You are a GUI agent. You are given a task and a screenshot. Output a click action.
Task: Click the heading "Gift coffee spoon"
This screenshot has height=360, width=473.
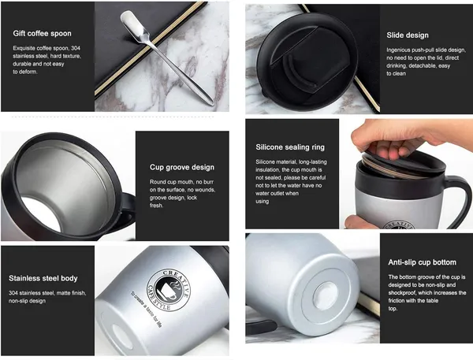coord(43,33)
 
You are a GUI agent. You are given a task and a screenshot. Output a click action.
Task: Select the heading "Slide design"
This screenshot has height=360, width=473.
coord(408,35)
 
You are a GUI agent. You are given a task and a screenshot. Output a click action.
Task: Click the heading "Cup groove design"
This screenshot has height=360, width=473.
coord(182,167)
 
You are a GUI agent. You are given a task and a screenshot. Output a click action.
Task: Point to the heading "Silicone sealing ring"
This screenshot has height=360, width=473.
coord(290,147)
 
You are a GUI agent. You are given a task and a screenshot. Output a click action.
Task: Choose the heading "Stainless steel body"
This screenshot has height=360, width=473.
coord(43,278)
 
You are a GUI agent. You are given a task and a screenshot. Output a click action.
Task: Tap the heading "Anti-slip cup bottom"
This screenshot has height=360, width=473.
coord(423,262)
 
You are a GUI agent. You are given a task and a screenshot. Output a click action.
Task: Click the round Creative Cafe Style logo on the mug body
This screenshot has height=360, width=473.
coord(169,291)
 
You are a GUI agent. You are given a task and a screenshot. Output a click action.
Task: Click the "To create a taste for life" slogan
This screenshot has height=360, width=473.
coord(147,310)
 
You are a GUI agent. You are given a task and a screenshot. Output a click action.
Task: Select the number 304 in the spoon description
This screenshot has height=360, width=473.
coord(76,48)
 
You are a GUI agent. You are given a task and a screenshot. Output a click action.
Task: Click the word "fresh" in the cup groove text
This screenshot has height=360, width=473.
coord(156,206)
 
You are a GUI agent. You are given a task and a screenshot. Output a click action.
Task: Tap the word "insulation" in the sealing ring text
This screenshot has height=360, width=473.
coord(267,169)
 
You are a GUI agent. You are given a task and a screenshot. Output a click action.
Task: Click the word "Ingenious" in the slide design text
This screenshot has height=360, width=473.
coord(398,50)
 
